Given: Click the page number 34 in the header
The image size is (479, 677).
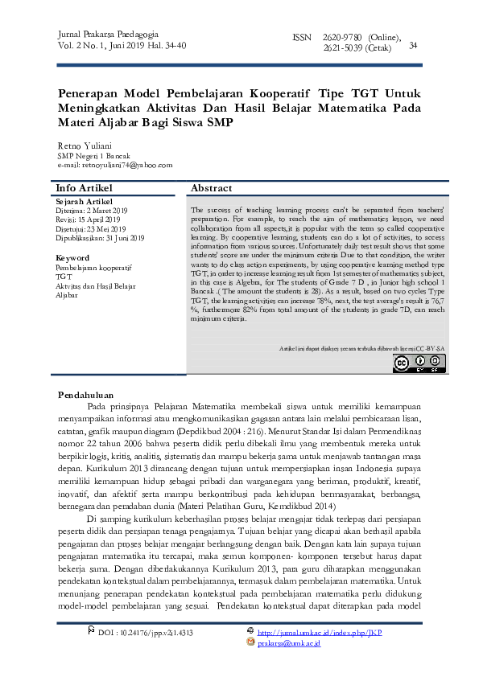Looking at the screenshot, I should click(x=414, y=46).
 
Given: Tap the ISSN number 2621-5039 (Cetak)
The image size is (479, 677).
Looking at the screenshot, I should click(x=357, y=48).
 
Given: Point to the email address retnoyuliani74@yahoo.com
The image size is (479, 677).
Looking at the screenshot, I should click(x=114, y=165).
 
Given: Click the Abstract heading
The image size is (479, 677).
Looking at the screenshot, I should click(x=212, y=187).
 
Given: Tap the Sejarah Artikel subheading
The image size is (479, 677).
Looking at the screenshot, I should click(x=85, y=200).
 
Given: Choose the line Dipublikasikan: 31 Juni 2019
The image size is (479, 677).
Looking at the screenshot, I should click(x=100, y=238).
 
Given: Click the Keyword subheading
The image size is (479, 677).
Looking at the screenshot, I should click(x=72, y=257).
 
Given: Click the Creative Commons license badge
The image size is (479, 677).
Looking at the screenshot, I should click(x=419, y=364).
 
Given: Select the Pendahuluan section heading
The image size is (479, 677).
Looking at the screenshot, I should click(x=87, y=395).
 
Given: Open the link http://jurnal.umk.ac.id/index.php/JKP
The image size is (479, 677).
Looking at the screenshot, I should click(x=320, y=633).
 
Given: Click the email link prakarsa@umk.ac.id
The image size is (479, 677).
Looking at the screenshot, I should click(x=289, y=642).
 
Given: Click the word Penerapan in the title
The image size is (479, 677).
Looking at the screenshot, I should click(x=88, y=94).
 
